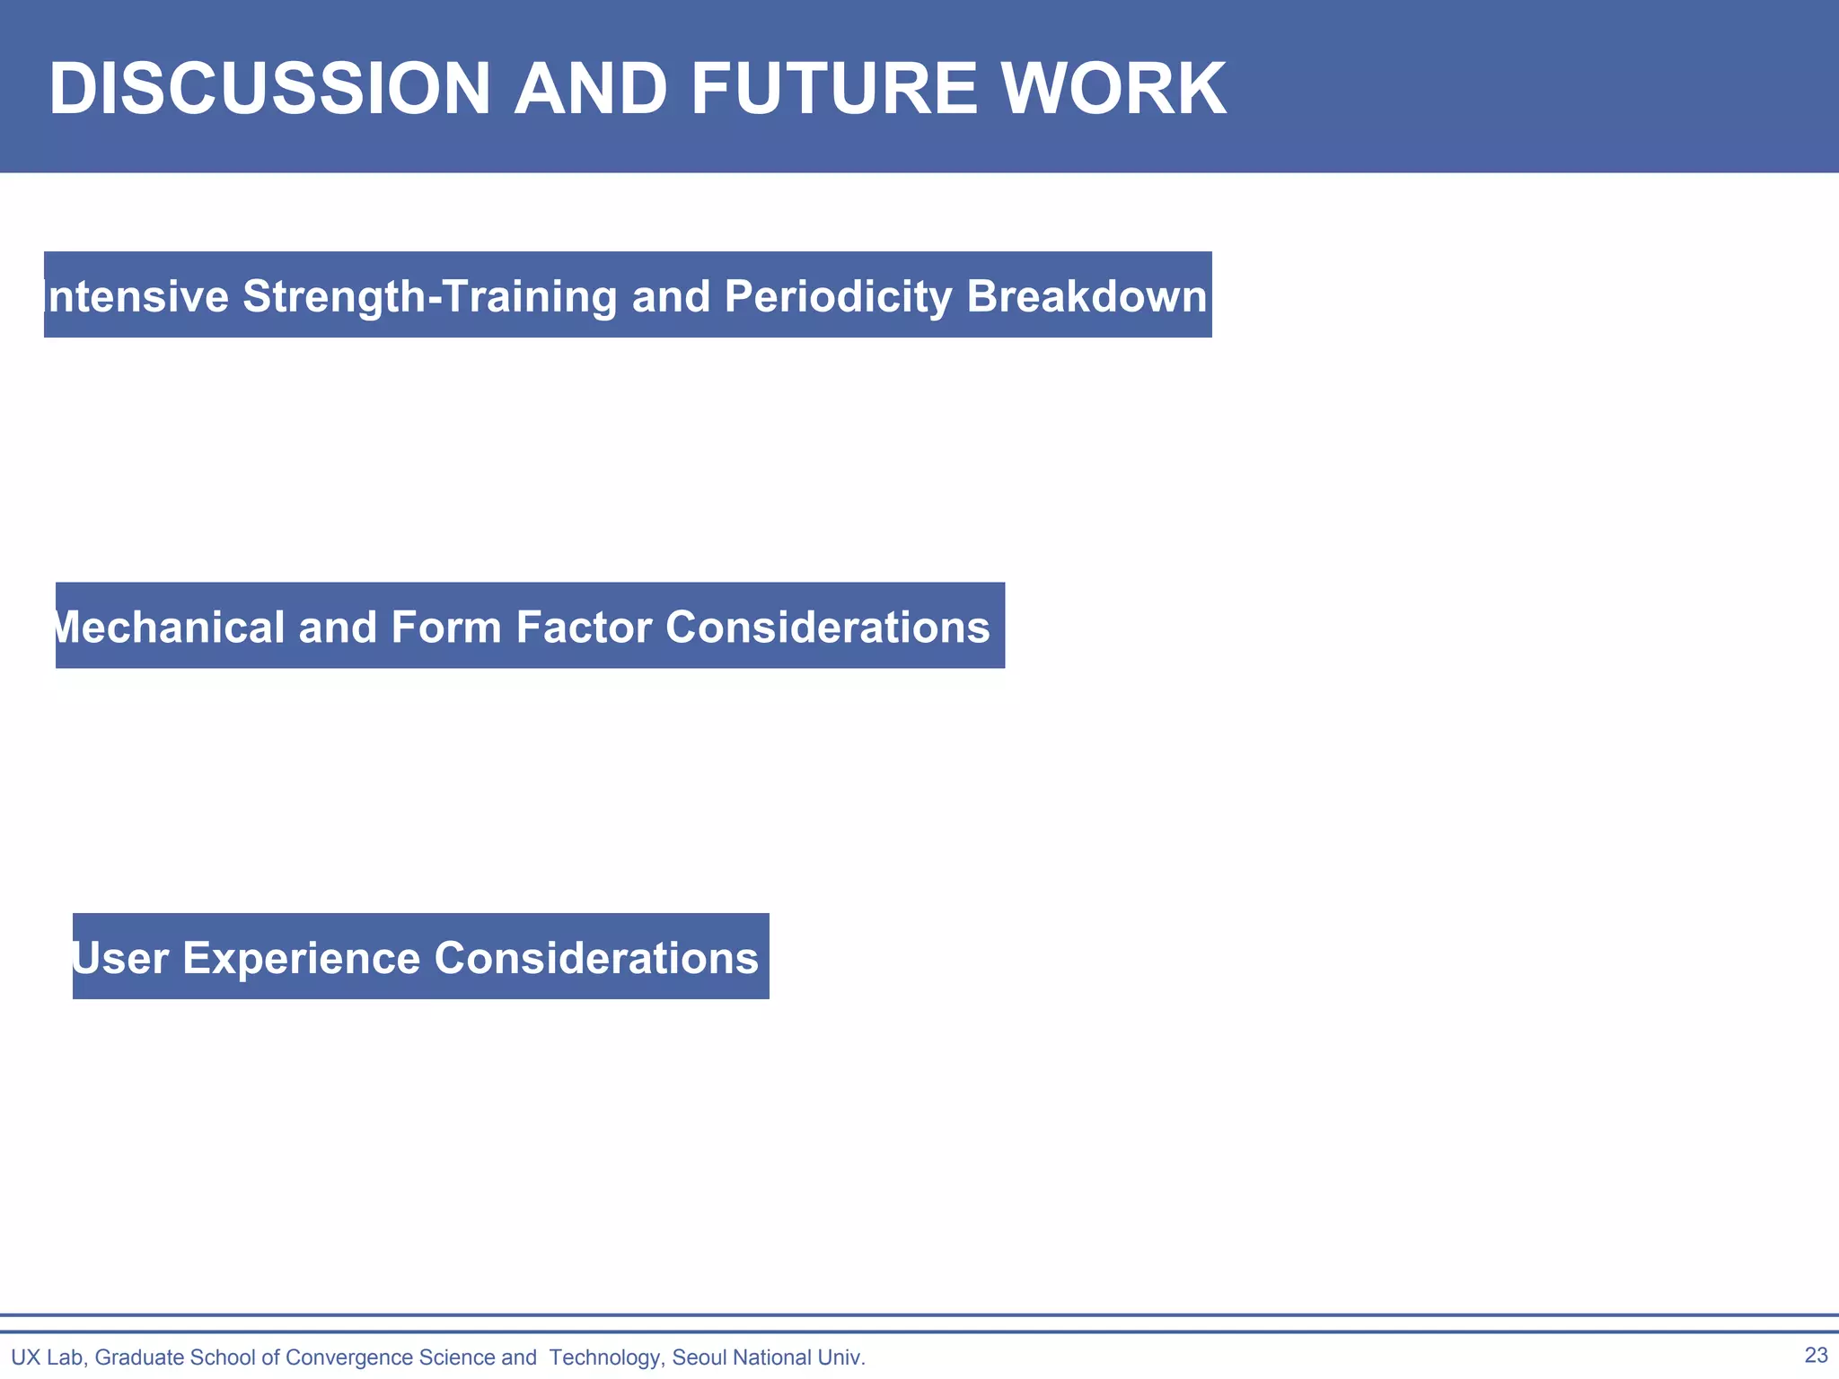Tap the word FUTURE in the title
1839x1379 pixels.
(x=833, y=89)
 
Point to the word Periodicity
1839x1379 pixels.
(x=837, y=296)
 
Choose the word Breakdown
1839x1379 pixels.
(x=1087, y=296)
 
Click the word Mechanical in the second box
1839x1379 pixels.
(x=170, y=627)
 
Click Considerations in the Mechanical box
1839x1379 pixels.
(x=827, y=627)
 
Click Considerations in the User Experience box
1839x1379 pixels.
(x=596, y=957)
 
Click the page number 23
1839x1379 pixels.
(x=1816, y=1355)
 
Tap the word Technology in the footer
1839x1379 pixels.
(x=605, y=1357)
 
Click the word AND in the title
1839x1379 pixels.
(x=590, y=89)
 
